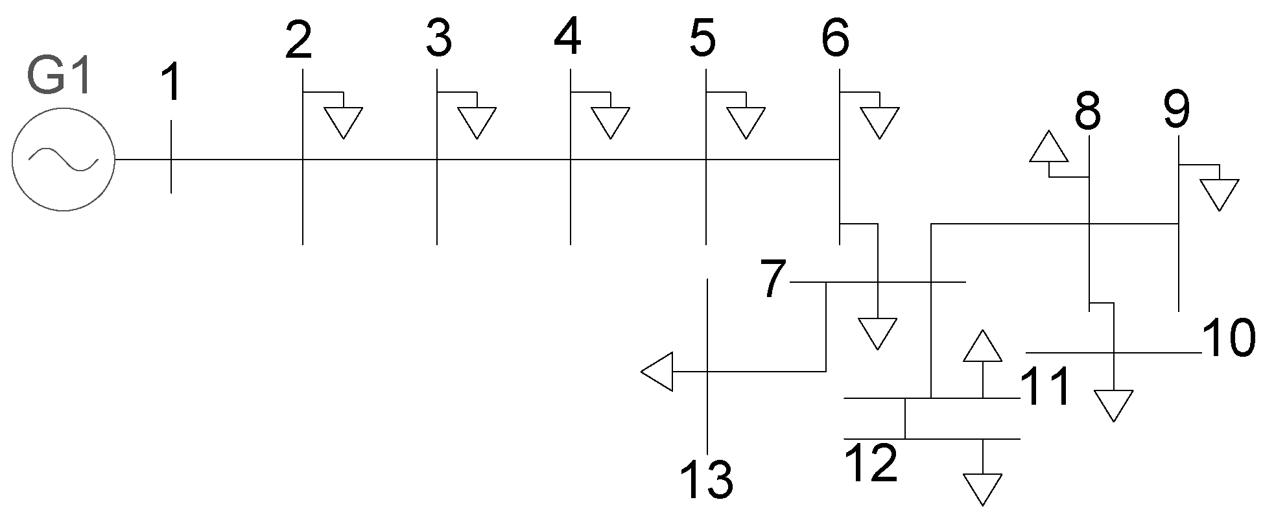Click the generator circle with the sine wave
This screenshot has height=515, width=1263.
click(x=63, y=159)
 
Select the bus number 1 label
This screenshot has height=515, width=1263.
click(x=171, y=85)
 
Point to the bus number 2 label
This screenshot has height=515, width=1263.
click(x=299, y=40)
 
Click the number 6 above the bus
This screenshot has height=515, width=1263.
click(x=835, y=40)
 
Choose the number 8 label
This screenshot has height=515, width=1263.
click(x=1087, y=112)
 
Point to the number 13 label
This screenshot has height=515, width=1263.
click(x=707, y=481)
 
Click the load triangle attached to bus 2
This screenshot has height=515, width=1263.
click(x=344, y=121)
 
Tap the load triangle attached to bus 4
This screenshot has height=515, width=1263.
click(x=610, y=121)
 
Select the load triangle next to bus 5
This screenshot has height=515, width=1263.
click(x=746, y=121)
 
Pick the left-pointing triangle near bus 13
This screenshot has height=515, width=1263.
click(x=659, y=372)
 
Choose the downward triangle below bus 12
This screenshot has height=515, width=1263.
click(x=983, y=487)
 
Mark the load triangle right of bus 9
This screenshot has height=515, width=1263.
click(x=1219, y=193)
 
